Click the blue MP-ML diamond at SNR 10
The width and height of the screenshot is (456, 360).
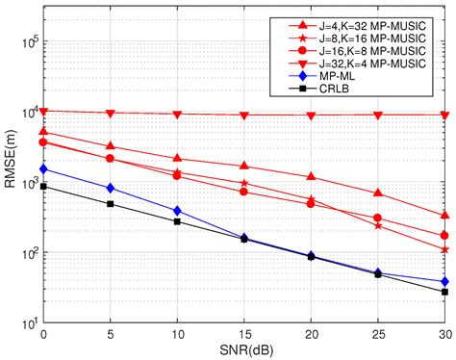click(x=177, y=211)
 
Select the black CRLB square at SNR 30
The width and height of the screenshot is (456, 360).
click(x=444, y=292)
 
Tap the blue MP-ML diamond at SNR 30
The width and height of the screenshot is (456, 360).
click(x=444, y=281)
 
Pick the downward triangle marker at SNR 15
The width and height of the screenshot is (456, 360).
click(x=244, y=116)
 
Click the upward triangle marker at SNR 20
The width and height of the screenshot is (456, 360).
click(x=311, y=177)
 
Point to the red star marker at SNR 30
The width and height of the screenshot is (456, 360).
click(x=444, y=249)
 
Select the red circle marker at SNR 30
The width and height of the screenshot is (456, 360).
click(x=444, y=236)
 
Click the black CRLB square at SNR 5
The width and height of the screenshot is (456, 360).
click(x=111, y=204)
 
